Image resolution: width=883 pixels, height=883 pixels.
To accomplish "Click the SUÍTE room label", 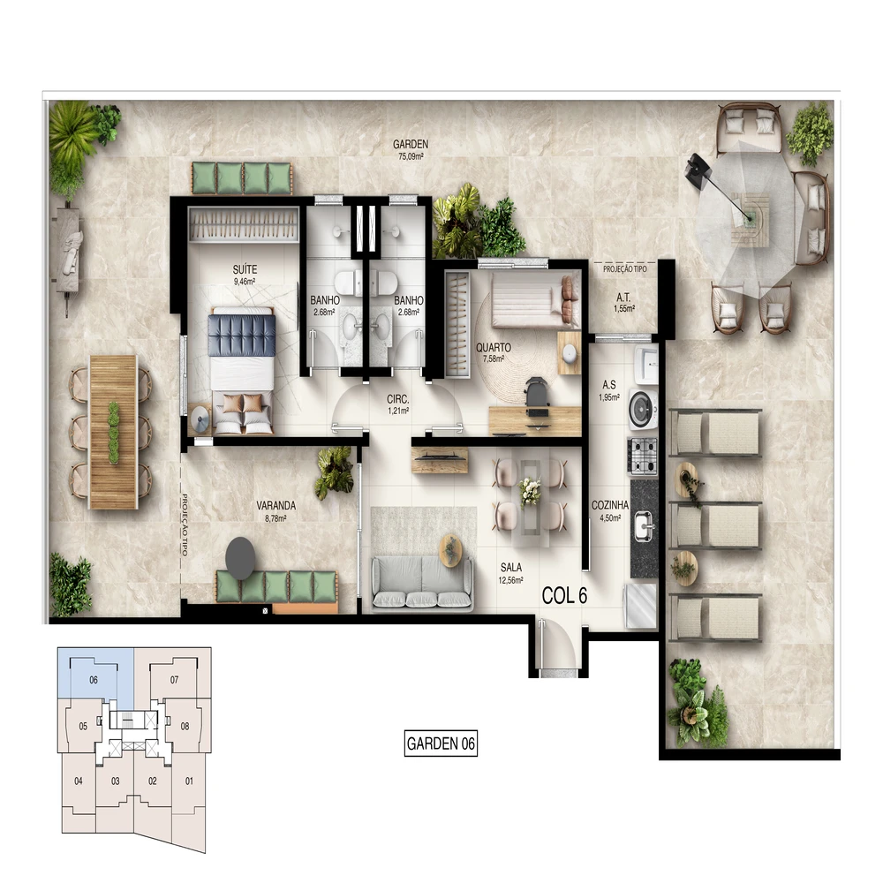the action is pyautogui.click(x=245, y=269).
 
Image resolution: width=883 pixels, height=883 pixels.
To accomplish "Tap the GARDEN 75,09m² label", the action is pyautogui.click(x=411, y=150).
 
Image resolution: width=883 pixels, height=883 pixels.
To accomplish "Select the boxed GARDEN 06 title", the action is pyautogui.click(x=441, y=743).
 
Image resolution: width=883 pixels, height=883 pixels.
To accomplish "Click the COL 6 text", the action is pyautogui.click(x=564, y=596).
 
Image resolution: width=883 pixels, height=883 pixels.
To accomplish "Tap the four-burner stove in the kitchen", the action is pyautogui.click(x=643, y=456).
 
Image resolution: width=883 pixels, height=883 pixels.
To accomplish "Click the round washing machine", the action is pyautogui.click(x=643, y=408).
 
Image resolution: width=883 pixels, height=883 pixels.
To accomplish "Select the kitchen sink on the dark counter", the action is pyautogui.click(x=645, y=525).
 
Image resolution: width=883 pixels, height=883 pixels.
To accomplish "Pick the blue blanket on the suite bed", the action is pyautogui.click(x=242, y=335).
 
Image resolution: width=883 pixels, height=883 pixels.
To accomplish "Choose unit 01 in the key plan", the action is pyautogui.click(x=189, y=781).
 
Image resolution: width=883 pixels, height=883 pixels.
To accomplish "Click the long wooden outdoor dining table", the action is pyautogui.click(x=114, y=432).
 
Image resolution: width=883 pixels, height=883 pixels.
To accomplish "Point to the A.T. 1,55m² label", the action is pyautogui.click(x=624, y=302).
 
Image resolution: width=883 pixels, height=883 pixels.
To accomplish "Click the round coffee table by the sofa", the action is pyautogui.click(x=450, y=550).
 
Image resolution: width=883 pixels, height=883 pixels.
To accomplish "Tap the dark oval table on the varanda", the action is pyautogui.click(x=240, y=558).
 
